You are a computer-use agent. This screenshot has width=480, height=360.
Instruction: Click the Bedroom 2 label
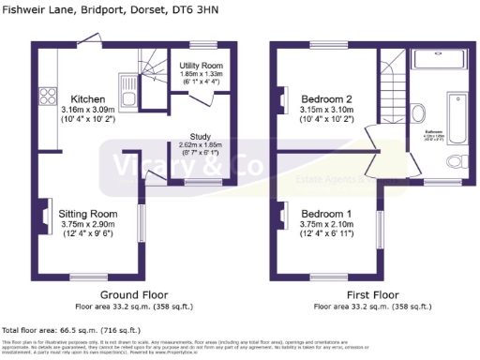click(x=326, y=98)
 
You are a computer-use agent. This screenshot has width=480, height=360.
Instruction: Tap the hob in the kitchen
click(x=46, y=97)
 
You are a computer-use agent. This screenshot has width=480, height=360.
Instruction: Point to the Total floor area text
click(x=71, y=330)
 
